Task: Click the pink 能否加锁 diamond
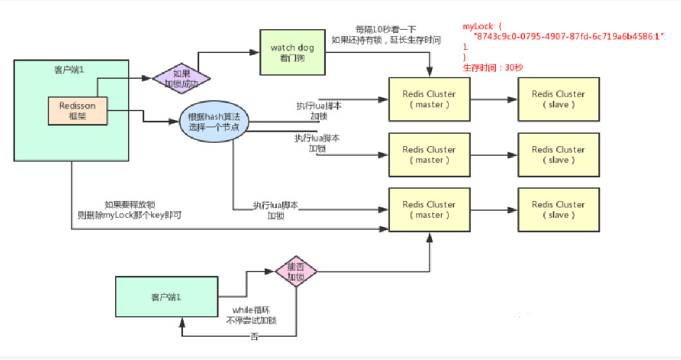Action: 296,272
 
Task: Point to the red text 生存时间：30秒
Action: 489,67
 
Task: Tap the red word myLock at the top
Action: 476,26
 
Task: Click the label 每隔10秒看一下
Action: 385,30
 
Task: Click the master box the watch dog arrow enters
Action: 429,99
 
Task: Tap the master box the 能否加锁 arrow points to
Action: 429,209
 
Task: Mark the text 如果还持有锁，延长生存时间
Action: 386,40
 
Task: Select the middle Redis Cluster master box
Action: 429,154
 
